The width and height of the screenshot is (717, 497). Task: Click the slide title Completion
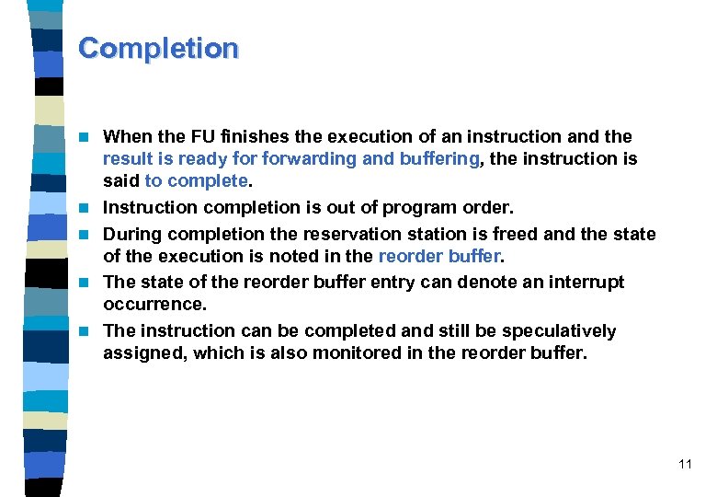pos(158,48)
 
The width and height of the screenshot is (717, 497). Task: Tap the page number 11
pos(685,465)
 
